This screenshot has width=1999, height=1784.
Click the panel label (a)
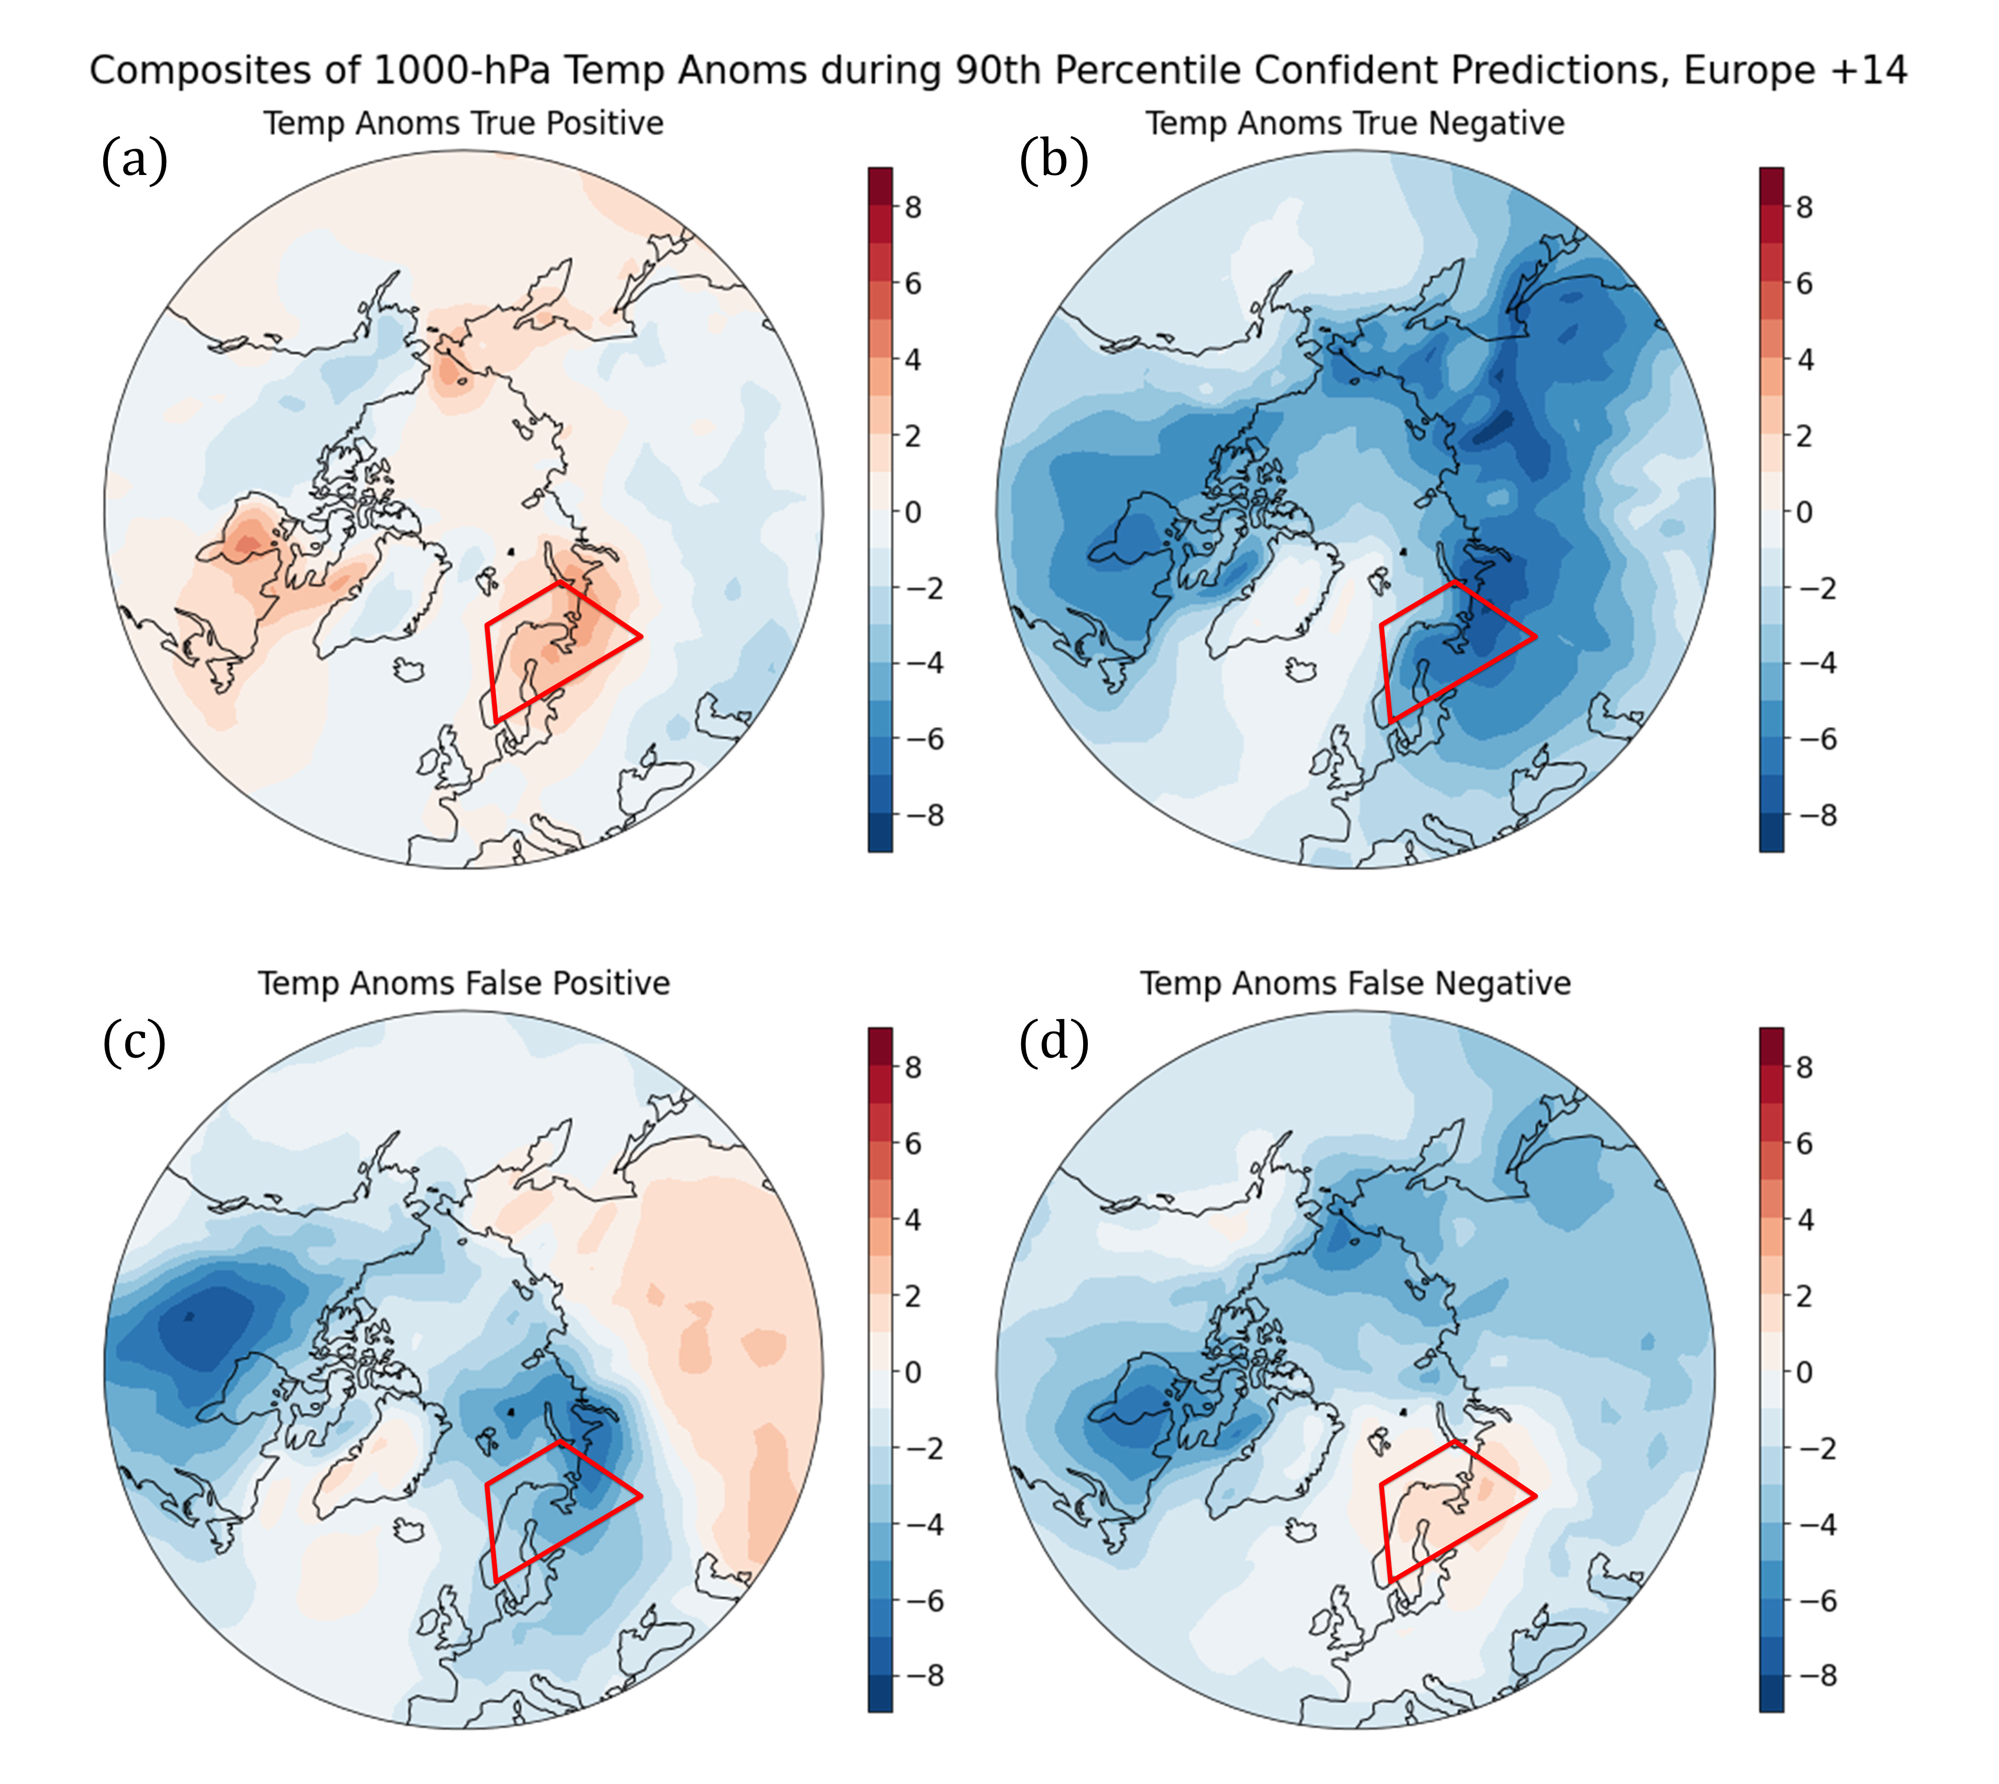tap(134, 160)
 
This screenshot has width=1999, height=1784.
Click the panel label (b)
tap(1054, 160)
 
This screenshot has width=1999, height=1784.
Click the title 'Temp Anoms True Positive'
tap(463, 123)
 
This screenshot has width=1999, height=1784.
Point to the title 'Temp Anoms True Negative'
tap(1355, 123)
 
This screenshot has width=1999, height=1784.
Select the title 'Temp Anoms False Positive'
tap(464, 983)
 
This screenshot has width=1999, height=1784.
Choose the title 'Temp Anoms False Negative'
tap(1355, 983)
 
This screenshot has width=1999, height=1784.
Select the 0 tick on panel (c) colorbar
tap(913, 1372)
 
